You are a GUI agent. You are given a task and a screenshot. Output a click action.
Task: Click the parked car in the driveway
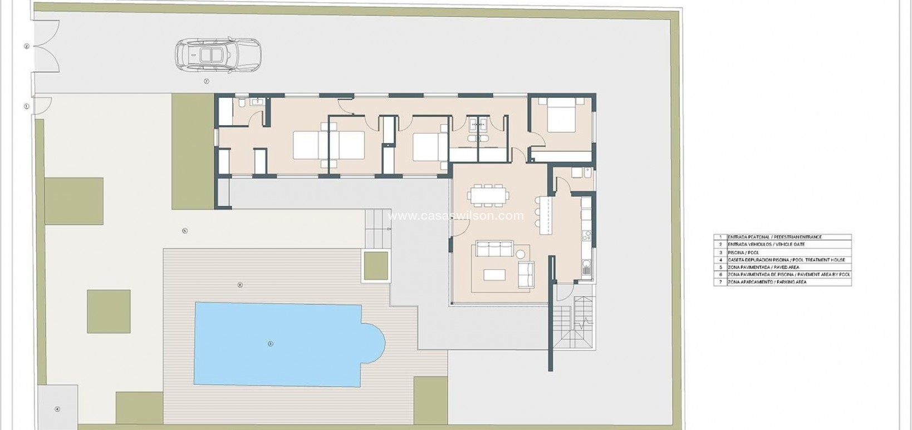[217, 55]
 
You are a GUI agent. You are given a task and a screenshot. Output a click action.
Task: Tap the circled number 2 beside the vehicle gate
[26, 46]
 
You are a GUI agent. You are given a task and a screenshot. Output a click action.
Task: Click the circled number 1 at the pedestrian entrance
[26, 106]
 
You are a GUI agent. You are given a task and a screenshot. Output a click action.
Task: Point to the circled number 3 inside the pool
[271, 344]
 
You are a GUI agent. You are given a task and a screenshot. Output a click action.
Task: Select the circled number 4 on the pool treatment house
[57, 409]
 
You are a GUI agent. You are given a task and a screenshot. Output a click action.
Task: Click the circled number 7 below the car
[207, 81]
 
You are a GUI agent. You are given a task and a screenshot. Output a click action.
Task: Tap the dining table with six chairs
[489, 195]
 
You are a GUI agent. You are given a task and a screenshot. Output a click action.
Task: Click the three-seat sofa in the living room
[493, 248]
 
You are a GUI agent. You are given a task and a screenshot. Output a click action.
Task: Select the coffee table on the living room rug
[494, 274]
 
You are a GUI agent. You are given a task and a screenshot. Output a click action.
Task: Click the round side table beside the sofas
[521, 254]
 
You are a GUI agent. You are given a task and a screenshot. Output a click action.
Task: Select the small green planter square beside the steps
[375, 265]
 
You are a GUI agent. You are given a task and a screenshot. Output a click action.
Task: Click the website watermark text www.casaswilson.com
[456, 216]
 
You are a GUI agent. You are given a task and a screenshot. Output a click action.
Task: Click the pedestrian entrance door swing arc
[45, 105]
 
